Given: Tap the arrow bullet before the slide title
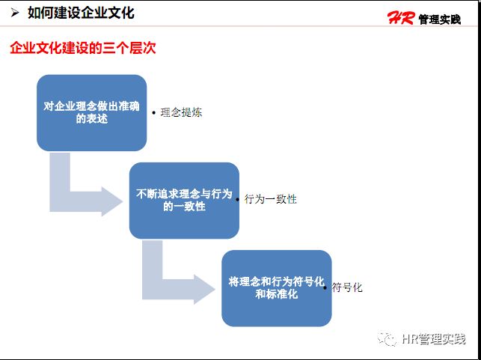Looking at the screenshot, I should click(x=14, y=13).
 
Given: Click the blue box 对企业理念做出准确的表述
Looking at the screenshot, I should click(x=91, y=112).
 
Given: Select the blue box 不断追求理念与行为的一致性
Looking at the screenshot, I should click(x=184, y=200).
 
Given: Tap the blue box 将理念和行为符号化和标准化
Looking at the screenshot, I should click(x=276, y=288).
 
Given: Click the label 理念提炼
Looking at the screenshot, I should click(x=181, y=113).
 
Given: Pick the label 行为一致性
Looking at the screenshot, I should click(x=271, y=200).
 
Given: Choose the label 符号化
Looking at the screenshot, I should click(x=347, y=287).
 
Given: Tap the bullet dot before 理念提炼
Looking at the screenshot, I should click(x=154, y=114).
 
